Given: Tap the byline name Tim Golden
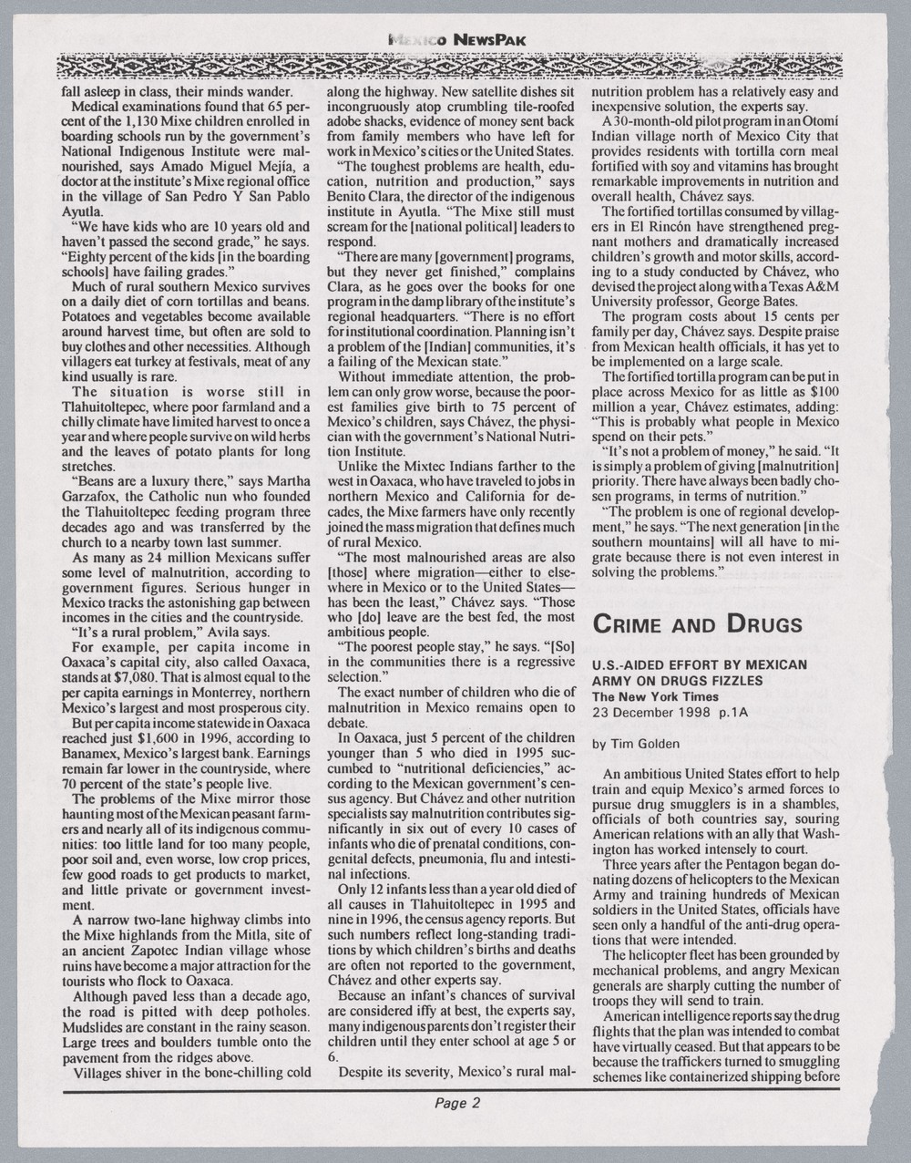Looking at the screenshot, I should (653, 743).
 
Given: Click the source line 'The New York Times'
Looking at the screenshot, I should (650, 696).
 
